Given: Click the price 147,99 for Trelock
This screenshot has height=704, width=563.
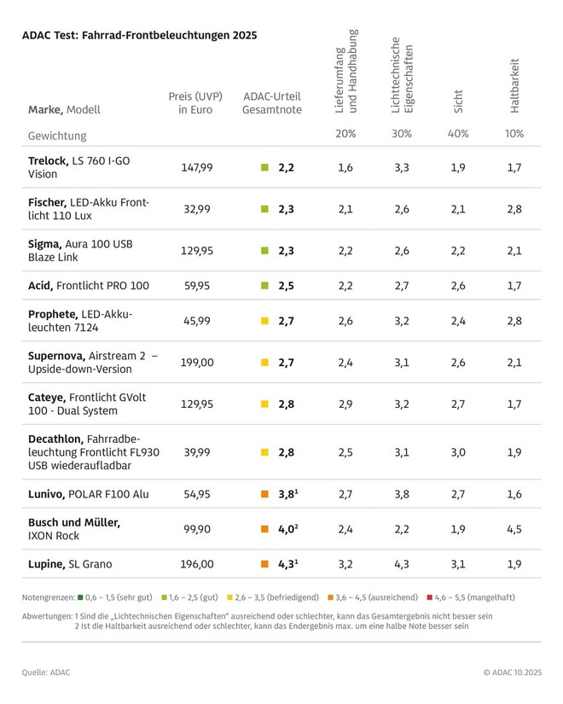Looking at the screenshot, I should [196, 167].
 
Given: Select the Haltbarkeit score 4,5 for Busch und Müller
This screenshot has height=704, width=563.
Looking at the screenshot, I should [514, 528].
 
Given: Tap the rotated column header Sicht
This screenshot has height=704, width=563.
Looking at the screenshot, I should [459, 101].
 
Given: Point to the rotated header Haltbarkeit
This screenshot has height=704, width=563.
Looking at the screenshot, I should [514, 85].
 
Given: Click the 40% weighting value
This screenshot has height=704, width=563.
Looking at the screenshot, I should [458, 134].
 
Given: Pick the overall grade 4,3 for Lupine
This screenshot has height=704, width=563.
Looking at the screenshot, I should [287, 563].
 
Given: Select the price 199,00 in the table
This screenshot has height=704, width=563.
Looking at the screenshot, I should [196, 363].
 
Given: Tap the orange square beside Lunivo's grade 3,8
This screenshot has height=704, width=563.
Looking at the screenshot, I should [264, 494].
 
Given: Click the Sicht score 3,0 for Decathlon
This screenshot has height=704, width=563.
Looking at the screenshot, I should [458, 452].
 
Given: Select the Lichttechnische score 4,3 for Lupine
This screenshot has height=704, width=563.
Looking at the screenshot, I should [402, 563].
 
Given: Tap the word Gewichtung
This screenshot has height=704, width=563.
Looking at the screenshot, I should [57, 136].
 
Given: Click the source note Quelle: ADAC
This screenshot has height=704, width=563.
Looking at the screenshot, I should [46, 672].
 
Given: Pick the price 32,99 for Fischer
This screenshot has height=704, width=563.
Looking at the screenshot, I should [196, 209].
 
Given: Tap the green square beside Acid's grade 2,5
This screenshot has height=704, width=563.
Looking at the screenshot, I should [264, 285].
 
